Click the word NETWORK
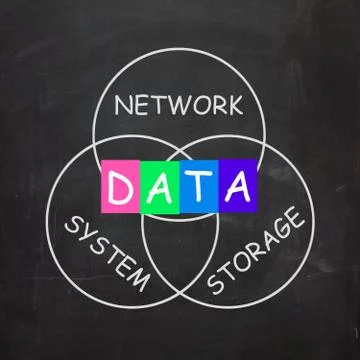click(x=179, y=105)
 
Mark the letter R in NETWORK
click(x=216, y=105)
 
